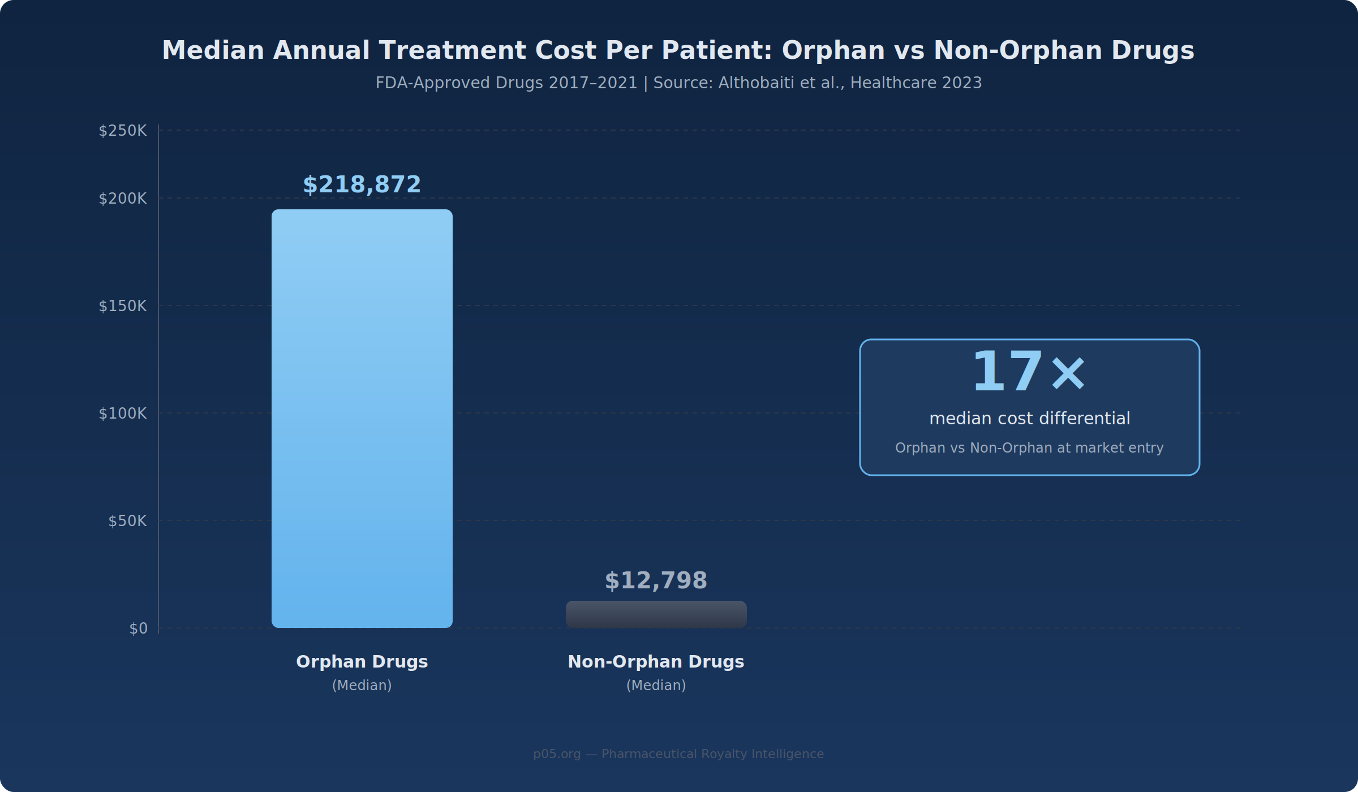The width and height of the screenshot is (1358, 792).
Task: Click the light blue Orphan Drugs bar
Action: click(362, 419)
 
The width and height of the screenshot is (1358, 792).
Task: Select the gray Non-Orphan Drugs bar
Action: click(656, 614)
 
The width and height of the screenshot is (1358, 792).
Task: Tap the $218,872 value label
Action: click(362, 185)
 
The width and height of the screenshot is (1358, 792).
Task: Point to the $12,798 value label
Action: click(656, 581)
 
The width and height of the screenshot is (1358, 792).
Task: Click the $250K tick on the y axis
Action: click(123, 131)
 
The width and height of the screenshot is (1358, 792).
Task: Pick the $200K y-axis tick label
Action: click(123, 199)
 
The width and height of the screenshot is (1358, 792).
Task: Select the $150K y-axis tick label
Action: click(123, 306)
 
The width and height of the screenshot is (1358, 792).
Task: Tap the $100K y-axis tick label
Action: click(123, 414)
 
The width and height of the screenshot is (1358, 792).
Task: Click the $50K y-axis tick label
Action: click(127, 521)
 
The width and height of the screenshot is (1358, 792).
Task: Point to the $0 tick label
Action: click(139, 629)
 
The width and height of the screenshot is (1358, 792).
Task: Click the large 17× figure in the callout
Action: click(1029, 372)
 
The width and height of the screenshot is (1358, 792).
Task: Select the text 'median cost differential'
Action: click(1030, 419)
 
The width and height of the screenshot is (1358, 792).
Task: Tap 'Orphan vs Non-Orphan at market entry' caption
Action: click(1029, 448)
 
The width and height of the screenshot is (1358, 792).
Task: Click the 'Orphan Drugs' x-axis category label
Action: click(362, 662)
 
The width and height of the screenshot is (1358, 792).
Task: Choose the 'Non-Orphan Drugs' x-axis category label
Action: click(656, 662)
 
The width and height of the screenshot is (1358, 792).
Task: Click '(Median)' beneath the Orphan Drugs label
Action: click(362, 686)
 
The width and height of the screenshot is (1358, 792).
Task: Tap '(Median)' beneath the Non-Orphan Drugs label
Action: click(656, 686)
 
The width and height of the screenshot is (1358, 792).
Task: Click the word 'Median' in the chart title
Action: click(213, 50)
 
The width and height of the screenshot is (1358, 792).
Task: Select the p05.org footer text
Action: click(678, 754)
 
